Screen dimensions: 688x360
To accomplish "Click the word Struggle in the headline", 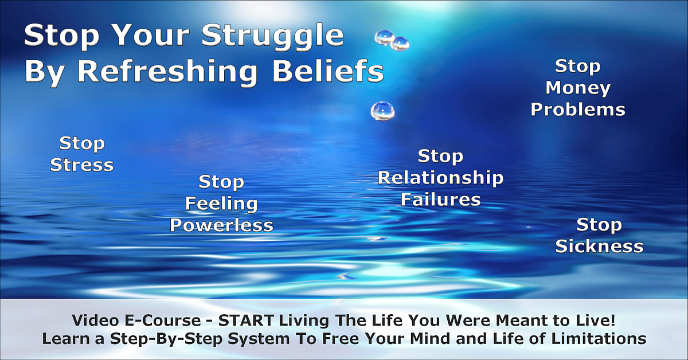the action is tap(273, 37).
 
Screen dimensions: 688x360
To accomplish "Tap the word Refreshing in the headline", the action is tap(167, 72).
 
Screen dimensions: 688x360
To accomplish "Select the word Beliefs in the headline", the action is tap(329, 71).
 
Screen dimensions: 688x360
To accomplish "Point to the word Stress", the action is tap(81, 165).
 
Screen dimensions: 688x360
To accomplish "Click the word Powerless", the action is tap(221, 225).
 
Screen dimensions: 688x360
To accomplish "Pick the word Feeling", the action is tap(221, 204).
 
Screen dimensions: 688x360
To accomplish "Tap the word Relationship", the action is tap(440, 178).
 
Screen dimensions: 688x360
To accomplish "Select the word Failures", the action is tap(441, 199).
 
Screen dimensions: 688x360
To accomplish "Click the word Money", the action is tap(578, 89).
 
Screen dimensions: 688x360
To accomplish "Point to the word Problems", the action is tap(578, 109).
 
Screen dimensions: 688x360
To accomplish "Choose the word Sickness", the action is tap(599, 246).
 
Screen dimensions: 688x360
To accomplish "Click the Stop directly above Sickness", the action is tap(599, 225).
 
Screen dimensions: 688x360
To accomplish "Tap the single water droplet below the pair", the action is tap(382, 111).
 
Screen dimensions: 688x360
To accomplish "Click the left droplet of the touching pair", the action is tap(384, 38).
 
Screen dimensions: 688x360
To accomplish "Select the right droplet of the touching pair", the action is tap(400, 44).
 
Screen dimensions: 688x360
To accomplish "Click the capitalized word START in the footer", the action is tap(246, 320).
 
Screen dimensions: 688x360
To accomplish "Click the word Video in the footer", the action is tap(95, 320).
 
